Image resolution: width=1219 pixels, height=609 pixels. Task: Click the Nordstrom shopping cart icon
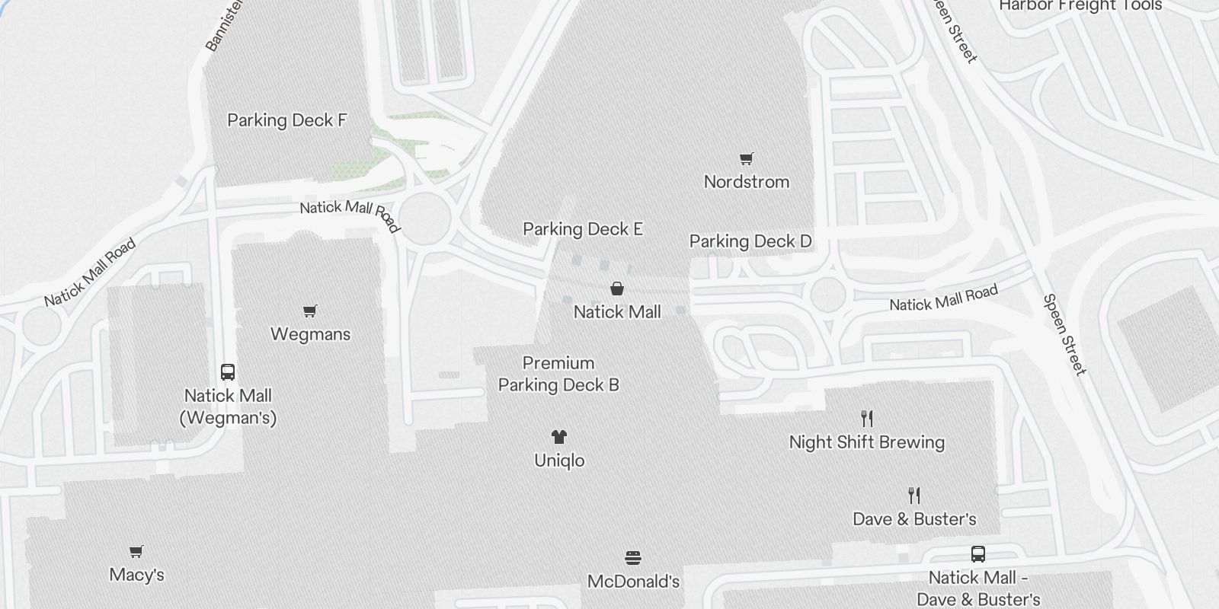[747, 159]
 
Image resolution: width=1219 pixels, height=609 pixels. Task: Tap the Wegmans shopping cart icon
[309, 311]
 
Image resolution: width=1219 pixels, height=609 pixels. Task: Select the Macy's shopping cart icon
[136, 552]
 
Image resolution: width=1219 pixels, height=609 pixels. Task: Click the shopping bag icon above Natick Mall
[617, 289]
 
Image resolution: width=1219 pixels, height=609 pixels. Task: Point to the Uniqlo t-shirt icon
[559, 437]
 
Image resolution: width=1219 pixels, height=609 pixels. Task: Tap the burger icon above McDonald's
[632, 559]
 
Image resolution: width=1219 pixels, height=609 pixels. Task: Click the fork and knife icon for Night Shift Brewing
[866, 419]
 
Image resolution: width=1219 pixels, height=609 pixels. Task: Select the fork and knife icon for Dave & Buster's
[914, 496]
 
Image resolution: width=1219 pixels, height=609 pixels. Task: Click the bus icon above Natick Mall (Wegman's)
[228, 372]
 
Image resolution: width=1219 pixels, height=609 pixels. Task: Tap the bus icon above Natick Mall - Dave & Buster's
[978, 554]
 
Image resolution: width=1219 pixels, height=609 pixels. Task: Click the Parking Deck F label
[287, 120]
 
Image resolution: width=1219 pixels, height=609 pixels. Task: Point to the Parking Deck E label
[583, 229]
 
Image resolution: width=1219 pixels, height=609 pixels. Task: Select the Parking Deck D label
[750, 241]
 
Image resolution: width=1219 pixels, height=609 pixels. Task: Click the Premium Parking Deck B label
[558, 374]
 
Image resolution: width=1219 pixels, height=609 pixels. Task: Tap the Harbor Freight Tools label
[1080, 6]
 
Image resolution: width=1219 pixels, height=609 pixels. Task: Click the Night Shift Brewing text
[867, 442]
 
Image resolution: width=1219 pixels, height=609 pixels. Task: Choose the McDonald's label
[633, 582]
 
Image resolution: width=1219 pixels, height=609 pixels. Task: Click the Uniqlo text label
[559, 461]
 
